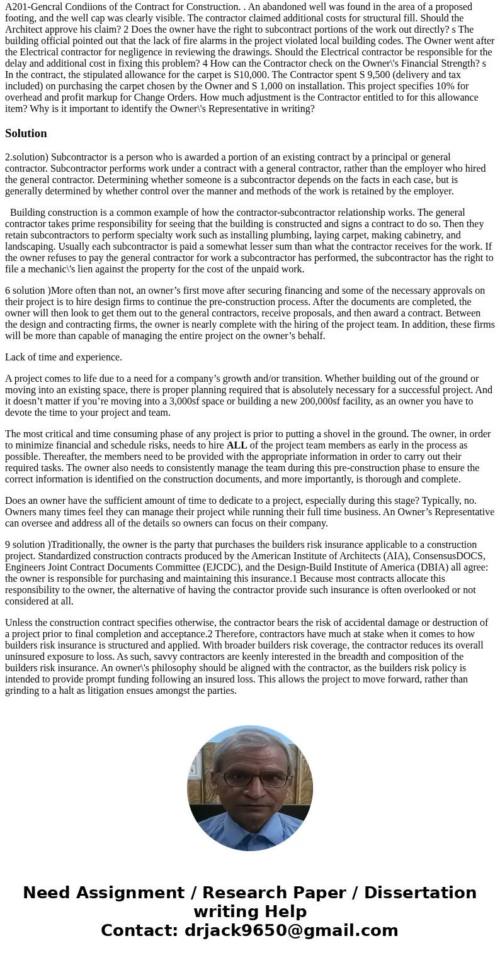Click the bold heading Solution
(x=26, y=133)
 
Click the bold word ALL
(x=237, y=445)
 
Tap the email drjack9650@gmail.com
(x=291, y=930)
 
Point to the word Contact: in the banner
(x=140, y=930)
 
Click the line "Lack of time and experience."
(x=64, y=357)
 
